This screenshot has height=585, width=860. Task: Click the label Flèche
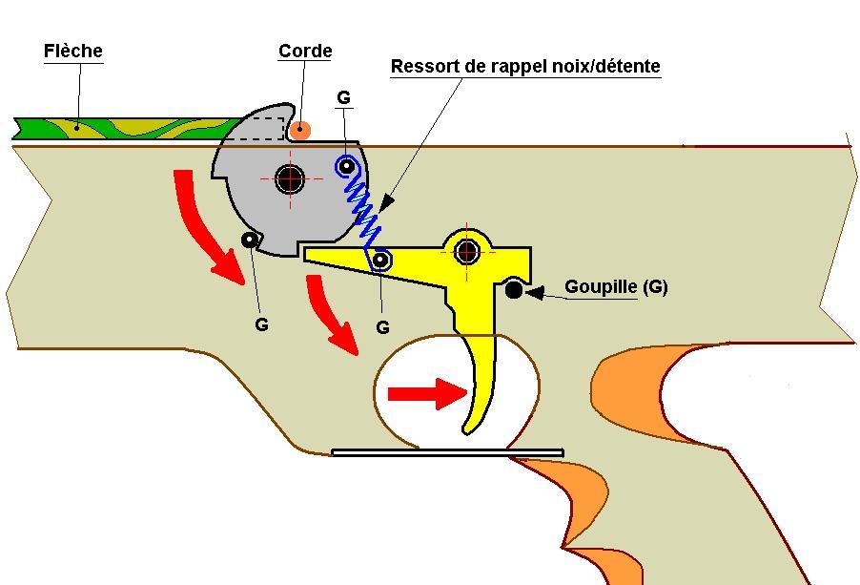pos(72,51)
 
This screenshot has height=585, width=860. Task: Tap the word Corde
pos(305,52)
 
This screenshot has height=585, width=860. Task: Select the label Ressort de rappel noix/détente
pos(525,67)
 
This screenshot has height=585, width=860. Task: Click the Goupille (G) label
pos(616,286)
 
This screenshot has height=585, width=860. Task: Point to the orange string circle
pos(300,130)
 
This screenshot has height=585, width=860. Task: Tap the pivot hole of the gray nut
pos(290,177)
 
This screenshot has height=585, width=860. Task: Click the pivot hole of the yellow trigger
pos(466,251)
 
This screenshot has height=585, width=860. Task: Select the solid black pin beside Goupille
pos(514,290)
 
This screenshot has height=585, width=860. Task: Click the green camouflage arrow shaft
pos(124,128)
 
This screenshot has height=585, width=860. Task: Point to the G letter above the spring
pos(343,97)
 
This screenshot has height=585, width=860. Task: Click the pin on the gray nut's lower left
pos(250,240)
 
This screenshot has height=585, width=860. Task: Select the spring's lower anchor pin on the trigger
pos(381,259)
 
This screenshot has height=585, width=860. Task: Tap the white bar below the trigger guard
pos(447,452)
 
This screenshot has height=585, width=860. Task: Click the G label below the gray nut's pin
pos(261,324)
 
